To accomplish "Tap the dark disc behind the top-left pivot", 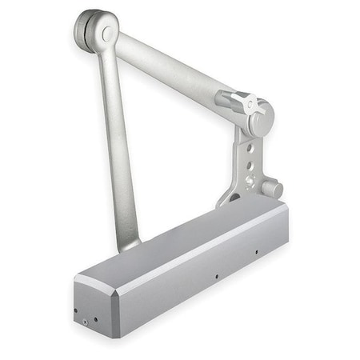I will [x=83, y=30].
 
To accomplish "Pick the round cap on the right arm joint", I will [x=261, y=117].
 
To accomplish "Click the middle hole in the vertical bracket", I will [x=250, y=166].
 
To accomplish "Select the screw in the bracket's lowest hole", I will [x=249, y=182].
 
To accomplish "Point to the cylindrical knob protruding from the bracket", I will [x=271, y=190].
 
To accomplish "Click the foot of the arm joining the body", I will [x=129, y=239].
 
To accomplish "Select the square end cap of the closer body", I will [x=94, y=308].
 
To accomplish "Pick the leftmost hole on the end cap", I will [x=75, y=311].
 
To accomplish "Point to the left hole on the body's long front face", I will [x=216, y=278].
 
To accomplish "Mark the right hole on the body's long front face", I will [x=256, y=254].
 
